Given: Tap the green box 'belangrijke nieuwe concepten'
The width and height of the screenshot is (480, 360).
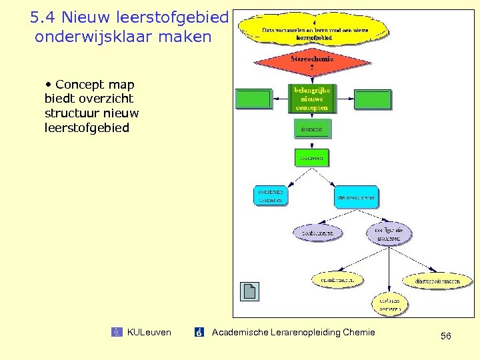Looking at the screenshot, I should click(313, 98).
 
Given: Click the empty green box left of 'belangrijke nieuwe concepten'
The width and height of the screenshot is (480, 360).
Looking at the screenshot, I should click(255, 99).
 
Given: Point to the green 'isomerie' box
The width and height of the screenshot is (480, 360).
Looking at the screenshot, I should click(312, 129).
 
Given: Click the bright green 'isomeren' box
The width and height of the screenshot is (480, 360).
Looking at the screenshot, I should click(312, 158).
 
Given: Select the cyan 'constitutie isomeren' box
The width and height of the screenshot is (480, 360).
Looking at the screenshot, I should click(272, 195).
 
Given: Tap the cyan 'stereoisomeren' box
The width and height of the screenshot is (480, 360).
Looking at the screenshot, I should click(356, 197).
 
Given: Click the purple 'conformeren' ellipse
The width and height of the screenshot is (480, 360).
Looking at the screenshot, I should click(317, 232).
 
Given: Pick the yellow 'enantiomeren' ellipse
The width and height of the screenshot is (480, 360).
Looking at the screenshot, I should click(337, 281).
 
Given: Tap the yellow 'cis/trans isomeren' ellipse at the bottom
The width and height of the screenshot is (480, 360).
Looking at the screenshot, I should click(390, 305).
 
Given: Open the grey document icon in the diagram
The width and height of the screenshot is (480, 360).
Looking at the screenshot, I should click(249, 291).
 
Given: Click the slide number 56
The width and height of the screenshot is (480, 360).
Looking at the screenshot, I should click(445, 336).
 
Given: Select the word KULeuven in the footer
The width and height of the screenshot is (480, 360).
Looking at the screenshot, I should click(149, 332).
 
